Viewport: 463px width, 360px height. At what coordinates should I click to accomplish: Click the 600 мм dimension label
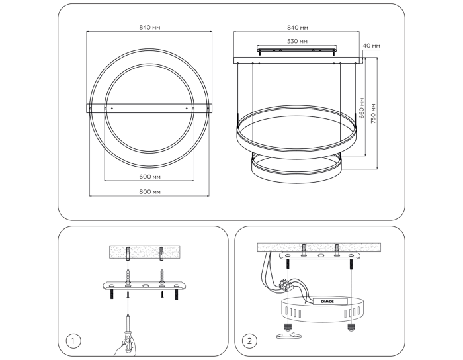pos(149,177)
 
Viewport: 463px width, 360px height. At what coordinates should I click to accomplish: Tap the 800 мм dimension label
pos(149,192)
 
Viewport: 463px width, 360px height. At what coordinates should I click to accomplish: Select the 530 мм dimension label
pos(297,41)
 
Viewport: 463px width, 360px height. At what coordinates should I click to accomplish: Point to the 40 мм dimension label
pos(371,46)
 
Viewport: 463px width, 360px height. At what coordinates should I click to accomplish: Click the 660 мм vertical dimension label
pos(362,108)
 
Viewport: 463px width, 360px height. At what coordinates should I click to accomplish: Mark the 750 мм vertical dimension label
pos(374,113)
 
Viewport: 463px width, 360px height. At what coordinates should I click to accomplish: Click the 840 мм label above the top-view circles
pos(149,28)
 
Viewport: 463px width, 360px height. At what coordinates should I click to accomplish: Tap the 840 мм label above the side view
pos(298,28)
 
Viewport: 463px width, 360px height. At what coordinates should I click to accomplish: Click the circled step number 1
pos(72,341)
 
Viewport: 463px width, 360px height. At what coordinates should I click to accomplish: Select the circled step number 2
pos(249,341)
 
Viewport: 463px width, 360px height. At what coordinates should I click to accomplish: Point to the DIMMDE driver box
pos(330,302)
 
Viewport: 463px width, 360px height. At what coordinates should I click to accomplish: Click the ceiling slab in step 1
pos(145,252)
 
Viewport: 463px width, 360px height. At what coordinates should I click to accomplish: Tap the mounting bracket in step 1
pos(144,286)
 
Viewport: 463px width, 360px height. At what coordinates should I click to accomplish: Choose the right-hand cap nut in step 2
pos(351,327)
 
